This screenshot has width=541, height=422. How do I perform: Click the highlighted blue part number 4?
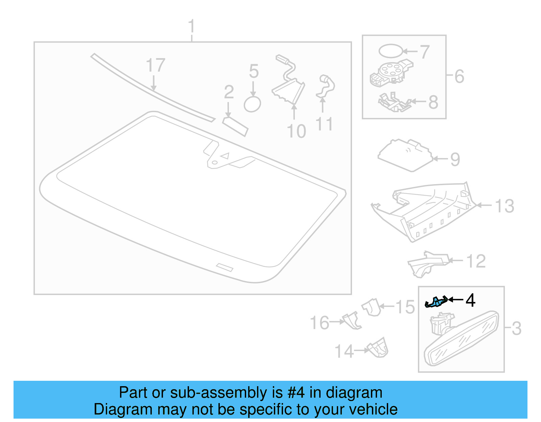coord(436,301)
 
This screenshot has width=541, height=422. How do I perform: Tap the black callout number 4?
coord(470,300)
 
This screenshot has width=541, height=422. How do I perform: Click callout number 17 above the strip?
coord(155,65)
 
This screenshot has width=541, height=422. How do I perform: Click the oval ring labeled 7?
coord(391,51)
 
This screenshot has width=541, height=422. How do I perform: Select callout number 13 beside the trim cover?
coord(504,206)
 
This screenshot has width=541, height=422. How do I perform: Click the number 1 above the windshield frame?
coord(191,26)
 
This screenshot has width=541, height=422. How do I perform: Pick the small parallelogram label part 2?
coord(235,126)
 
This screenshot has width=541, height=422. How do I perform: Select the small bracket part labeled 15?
coord(372,307)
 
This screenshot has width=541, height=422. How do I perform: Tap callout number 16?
coord(320,323)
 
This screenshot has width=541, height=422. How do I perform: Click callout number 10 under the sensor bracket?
coord(296,131)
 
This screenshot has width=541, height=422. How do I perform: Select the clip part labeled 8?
coord(394,103)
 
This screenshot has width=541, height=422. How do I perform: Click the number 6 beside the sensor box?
coord(459,76)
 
